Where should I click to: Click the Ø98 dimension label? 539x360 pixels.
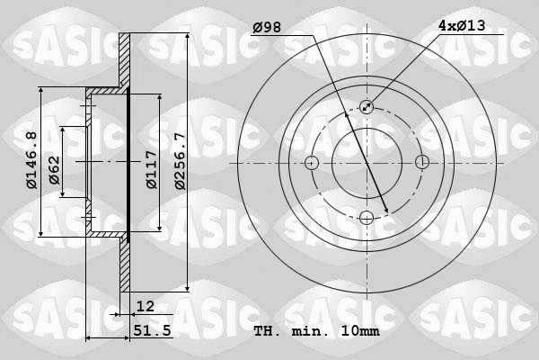[x=267, y=28]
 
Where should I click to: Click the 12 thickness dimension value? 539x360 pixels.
[x=146, y=307]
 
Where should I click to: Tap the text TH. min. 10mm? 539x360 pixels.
[x=316, y=331]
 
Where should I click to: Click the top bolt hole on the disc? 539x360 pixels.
[x=366, y=107]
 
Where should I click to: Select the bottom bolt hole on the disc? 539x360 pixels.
[x=366, y=217]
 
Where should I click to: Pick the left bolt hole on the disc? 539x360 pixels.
[x=311, y=163]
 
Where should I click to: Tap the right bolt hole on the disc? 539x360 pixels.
[x=421, y=163]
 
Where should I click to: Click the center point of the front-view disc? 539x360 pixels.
[x=366, y=163]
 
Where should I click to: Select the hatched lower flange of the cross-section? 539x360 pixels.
[x=125, y=265]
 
